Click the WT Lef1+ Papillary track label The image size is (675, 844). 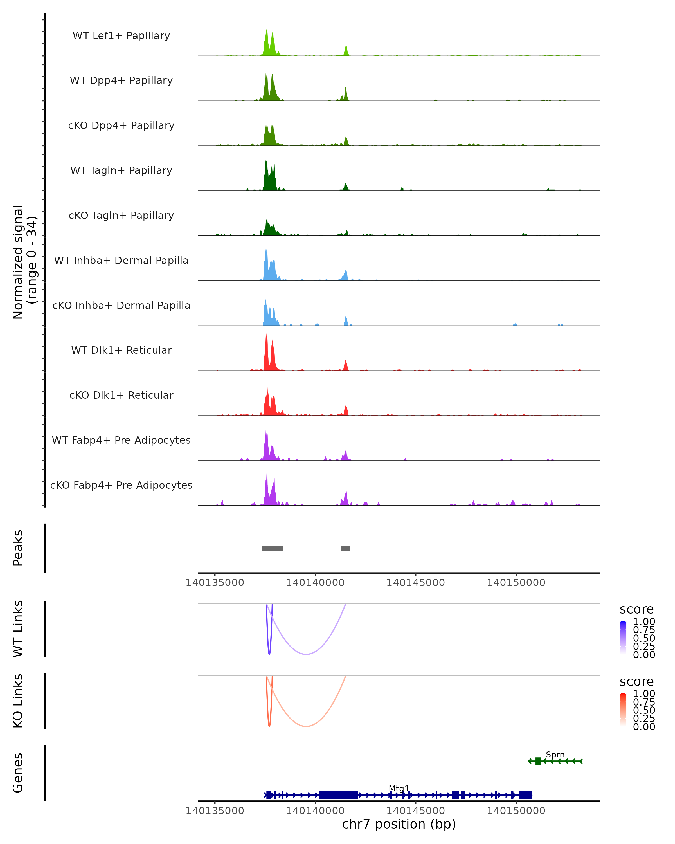pyautogui.click(x=121, y=36)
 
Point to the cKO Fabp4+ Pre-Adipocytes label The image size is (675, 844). pyautogui.click(x=121, y=485)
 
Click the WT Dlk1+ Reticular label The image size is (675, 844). pyautogui.click(x=121, y=350)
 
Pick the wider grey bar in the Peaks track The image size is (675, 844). pyautogui.click(x=272, y=548)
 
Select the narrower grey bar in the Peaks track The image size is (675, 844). pyautogui.click(x=346, y=548)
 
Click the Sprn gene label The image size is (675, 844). pyautogui.click(x=555, y=754)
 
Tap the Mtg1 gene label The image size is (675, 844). pyautogui.click(x=399, y=788)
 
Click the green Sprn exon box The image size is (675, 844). pyautogui.click(x=538, y=761)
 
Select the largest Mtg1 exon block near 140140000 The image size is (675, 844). pyautogui.click(x=338, y=795)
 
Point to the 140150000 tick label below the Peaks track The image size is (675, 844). pyautogui.click(x=516, y=583)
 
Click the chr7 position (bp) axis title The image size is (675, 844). pyautogui.click(x=399, y=824)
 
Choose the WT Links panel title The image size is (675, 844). pyautogui.click(x=18, y=629)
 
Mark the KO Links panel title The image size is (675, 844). pyautogui.click(x=18, y=701)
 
